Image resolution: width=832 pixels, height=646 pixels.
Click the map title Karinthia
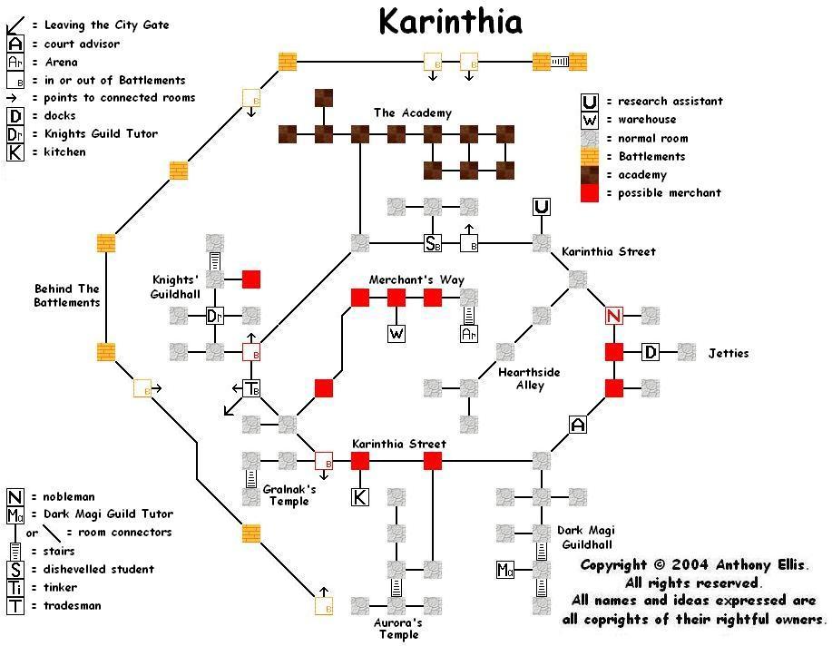pyautogui.click(x=450, y=21)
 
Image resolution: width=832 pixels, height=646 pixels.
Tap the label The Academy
pyautogui.click(x=412, y=113)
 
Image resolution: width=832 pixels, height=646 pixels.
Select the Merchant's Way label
pyautogui.click(x=416, y=279)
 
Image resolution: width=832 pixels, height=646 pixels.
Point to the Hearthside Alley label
pyautogui.click(x=529, y=378)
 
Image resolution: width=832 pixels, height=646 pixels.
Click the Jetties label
pyautogui.click(x=729, y=353)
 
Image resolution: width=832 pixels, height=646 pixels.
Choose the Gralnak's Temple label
pyautogui.click(x=289, y=494)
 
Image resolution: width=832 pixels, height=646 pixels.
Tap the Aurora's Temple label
pyautogui.click(x=396, y=629)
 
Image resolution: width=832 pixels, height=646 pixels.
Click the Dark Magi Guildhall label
pyautogui.click(x=586, y=538)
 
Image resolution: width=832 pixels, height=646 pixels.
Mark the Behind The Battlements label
pyautogui.click(x=66, y=296)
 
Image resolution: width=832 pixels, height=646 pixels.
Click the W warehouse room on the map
pyautogui.click(x=396, y=333)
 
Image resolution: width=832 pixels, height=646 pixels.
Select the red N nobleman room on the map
pyautogui.click(x=614, y=316)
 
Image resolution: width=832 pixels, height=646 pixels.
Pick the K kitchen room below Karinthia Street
pyautogui.click(x=360, y=496)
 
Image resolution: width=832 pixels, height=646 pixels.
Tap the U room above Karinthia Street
pyautogui.click(x=542, y=207)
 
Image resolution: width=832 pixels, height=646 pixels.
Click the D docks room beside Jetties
pyautogui.click(x=651, y=352)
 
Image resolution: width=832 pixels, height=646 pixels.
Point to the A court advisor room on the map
pyautogui.click(x=578, y=424)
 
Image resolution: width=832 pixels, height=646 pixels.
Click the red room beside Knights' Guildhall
pyautogui.click(x=251, y=279)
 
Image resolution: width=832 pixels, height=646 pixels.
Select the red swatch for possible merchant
pyautogui.click(x=590, y=193)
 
